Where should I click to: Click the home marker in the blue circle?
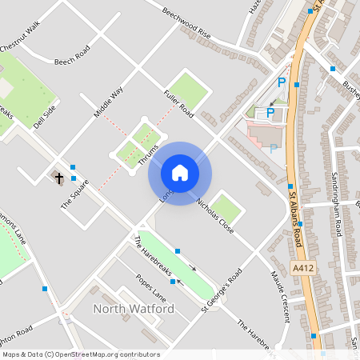click(179, 172)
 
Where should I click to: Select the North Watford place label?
click(134, 309)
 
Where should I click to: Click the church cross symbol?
click(59, 176)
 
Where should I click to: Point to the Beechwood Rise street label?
click(186, 24)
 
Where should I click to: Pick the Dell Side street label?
click(45, 116)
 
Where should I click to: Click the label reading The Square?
click(74, 192)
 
